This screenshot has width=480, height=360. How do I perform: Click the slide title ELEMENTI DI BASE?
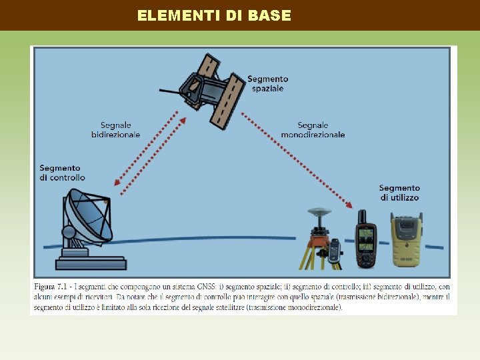point(214,15)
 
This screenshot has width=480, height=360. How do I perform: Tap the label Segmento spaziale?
point(267,83)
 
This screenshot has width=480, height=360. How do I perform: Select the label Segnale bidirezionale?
point(115,129)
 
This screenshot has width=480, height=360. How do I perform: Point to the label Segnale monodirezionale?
point(313,129)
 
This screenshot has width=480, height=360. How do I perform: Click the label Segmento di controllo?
point(62,173)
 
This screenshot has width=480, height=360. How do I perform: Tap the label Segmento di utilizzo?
point(399,193)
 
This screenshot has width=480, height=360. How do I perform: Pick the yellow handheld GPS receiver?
point(405,240)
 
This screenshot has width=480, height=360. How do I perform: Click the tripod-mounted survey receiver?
point(319,240)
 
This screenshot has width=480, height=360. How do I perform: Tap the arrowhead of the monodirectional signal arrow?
point(351,205)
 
